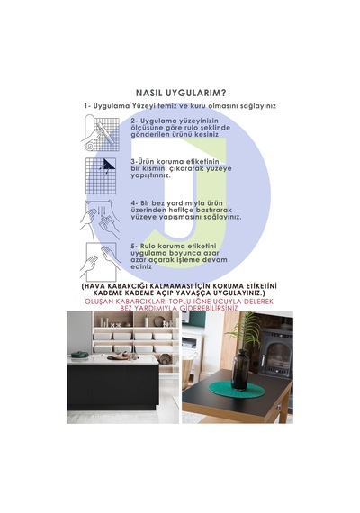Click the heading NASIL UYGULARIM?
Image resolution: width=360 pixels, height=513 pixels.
coord(181,93)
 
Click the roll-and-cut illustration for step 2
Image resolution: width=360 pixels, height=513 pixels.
coord(100,133)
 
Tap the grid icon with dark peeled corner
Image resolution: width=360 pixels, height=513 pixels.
coord(101,176)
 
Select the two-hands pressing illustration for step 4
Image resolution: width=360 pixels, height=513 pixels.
coord(100,218)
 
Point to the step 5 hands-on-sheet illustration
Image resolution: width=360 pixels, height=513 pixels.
coord(100,262)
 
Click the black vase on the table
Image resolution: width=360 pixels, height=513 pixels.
coord(240,370)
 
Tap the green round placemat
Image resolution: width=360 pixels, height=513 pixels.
coord(237,391)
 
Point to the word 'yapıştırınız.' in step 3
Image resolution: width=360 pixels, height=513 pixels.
coord(150,175)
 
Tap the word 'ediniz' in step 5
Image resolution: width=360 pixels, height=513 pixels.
coord(141,266)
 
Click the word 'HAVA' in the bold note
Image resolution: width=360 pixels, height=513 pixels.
coord(94,286)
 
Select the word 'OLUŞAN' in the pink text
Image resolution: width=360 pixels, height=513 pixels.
coord(98,301)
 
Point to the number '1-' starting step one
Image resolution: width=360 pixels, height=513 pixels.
coord(87,106)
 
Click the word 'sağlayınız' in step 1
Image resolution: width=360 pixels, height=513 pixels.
coord(258,106)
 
